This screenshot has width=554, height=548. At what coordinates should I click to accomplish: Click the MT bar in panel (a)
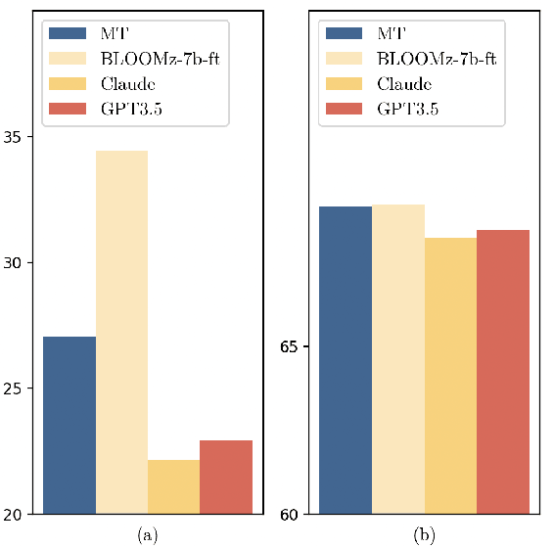click(x=69, y=425)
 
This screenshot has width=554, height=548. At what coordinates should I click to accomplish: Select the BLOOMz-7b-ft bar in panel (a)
click(x=121, y=332)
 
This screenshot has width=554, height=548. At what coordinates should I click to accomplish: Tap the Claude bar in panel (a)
click(x=173, y=486)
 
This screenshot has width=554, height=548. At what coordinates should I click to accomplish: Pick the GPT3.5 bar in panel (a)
click(x=225, y=477)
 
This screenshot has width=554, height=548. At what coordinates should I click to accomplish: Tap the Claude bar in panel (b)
click(x=450, y=376)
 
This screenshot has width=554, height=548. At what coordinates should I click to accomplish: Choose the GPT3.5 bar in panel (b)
click(x=503, y=372)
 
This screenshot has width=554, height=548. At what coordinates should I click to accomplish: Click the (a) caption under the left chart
click(x=148, y=534)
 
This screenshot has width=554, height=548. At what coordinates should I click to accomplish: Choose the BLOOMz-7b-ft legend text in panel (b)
click(x=436, y=59)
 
